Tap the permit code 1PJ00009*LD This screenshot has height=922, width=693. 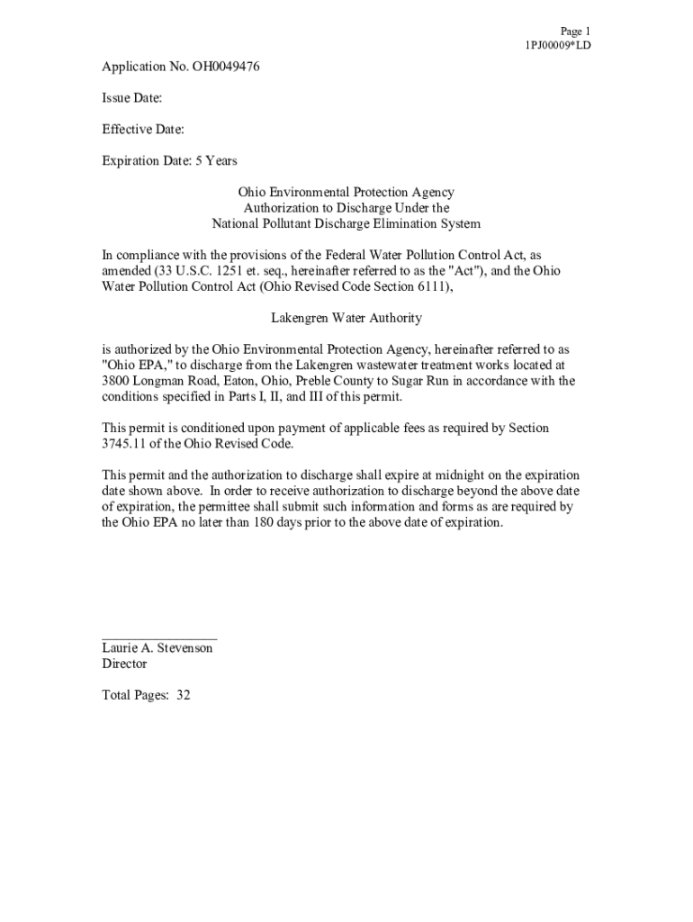click(558, 45)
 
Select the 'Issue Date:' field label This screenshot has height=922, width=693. click(131, 98)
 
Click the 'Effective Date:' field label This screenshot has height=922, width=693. click(143, 130)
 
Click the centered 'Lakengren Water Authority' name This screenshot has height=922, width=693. click(346, 318)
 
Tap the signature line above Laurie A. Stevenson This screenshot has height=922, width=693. click(159, 637)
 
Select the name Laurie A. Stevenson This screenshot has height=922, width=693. click(157, 648)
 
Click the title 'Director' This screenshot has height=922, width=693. click(124, 664)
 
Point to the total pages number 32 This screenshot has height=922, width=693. click(184, 695)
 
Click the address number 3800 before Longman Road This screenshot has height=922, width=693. click(118, 381)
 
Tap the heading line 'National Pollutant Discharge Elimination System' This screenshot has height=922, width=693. click(346, 223)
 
